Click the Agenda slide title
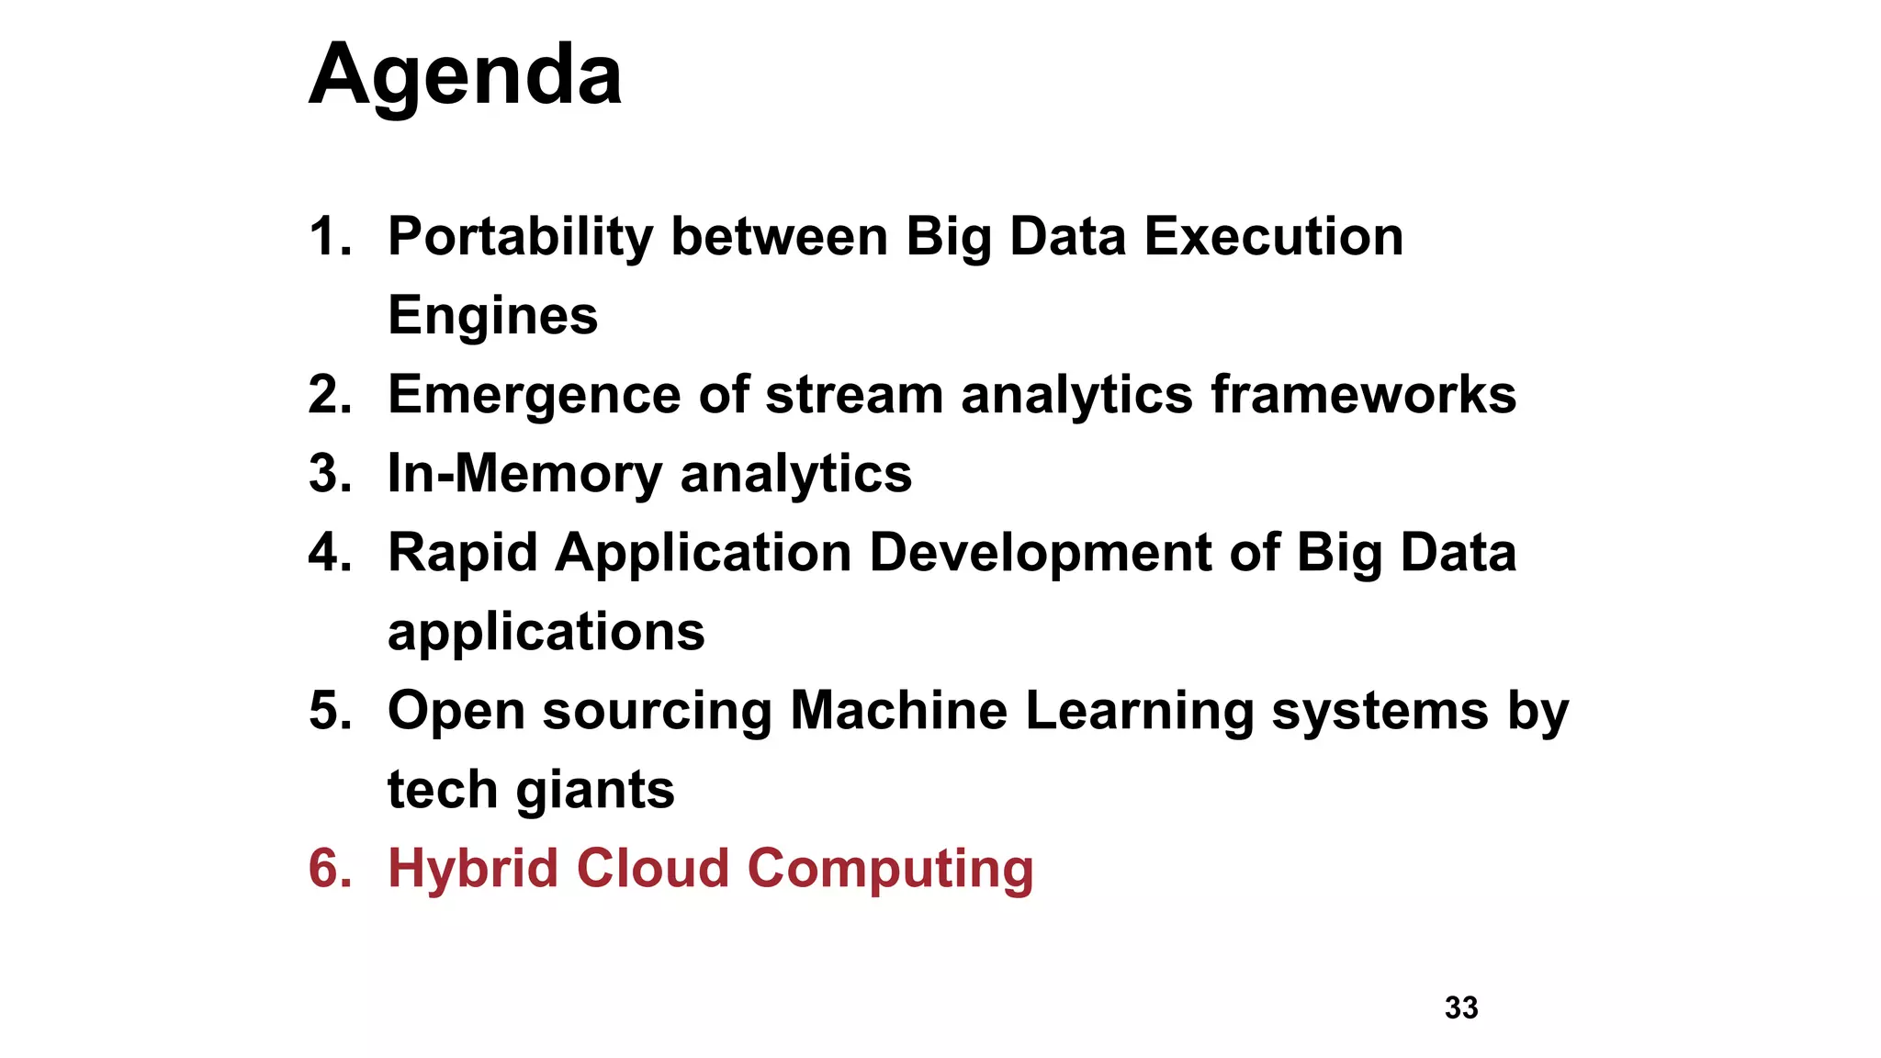(465, 75)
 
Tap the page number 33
(1461, 1007)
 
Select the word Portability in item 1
(520, 237)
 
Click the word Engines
(492, 316)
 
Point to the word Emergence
(534, 395)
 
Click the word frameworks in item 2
(1363, 395)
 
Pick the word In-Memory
(524, 474)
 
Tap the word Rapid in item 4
(462, 553)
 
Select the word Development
(1040, 553)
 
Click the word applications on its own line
(546, 632)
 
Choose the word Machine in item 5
(898, 711)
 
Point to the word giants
(594, 790)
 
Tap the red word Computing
(890, 869)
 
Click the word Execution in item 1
(1273, 237)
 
